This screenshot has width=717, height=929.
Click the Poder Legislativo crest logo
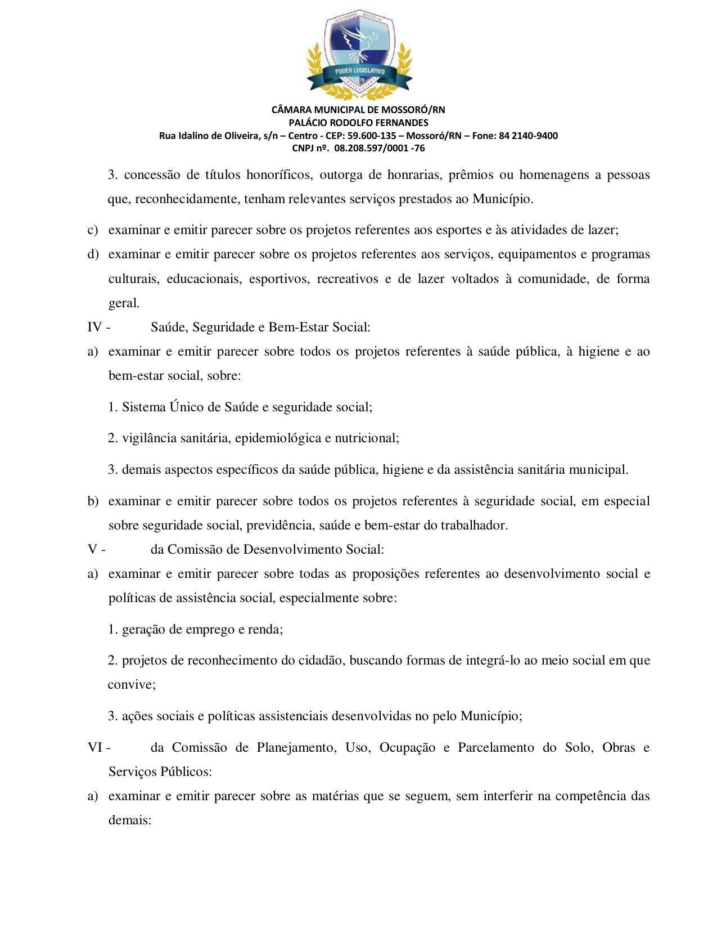point(359,55)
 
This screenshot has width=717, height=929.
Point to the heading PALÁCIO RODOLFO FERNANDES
point(358,123)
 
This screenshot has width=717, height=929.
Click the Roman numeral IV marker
point(95,327)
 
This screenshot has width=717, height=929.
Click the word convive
point(130,685)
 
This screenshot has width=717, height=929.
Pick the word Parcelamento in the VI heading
point(495,747)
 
